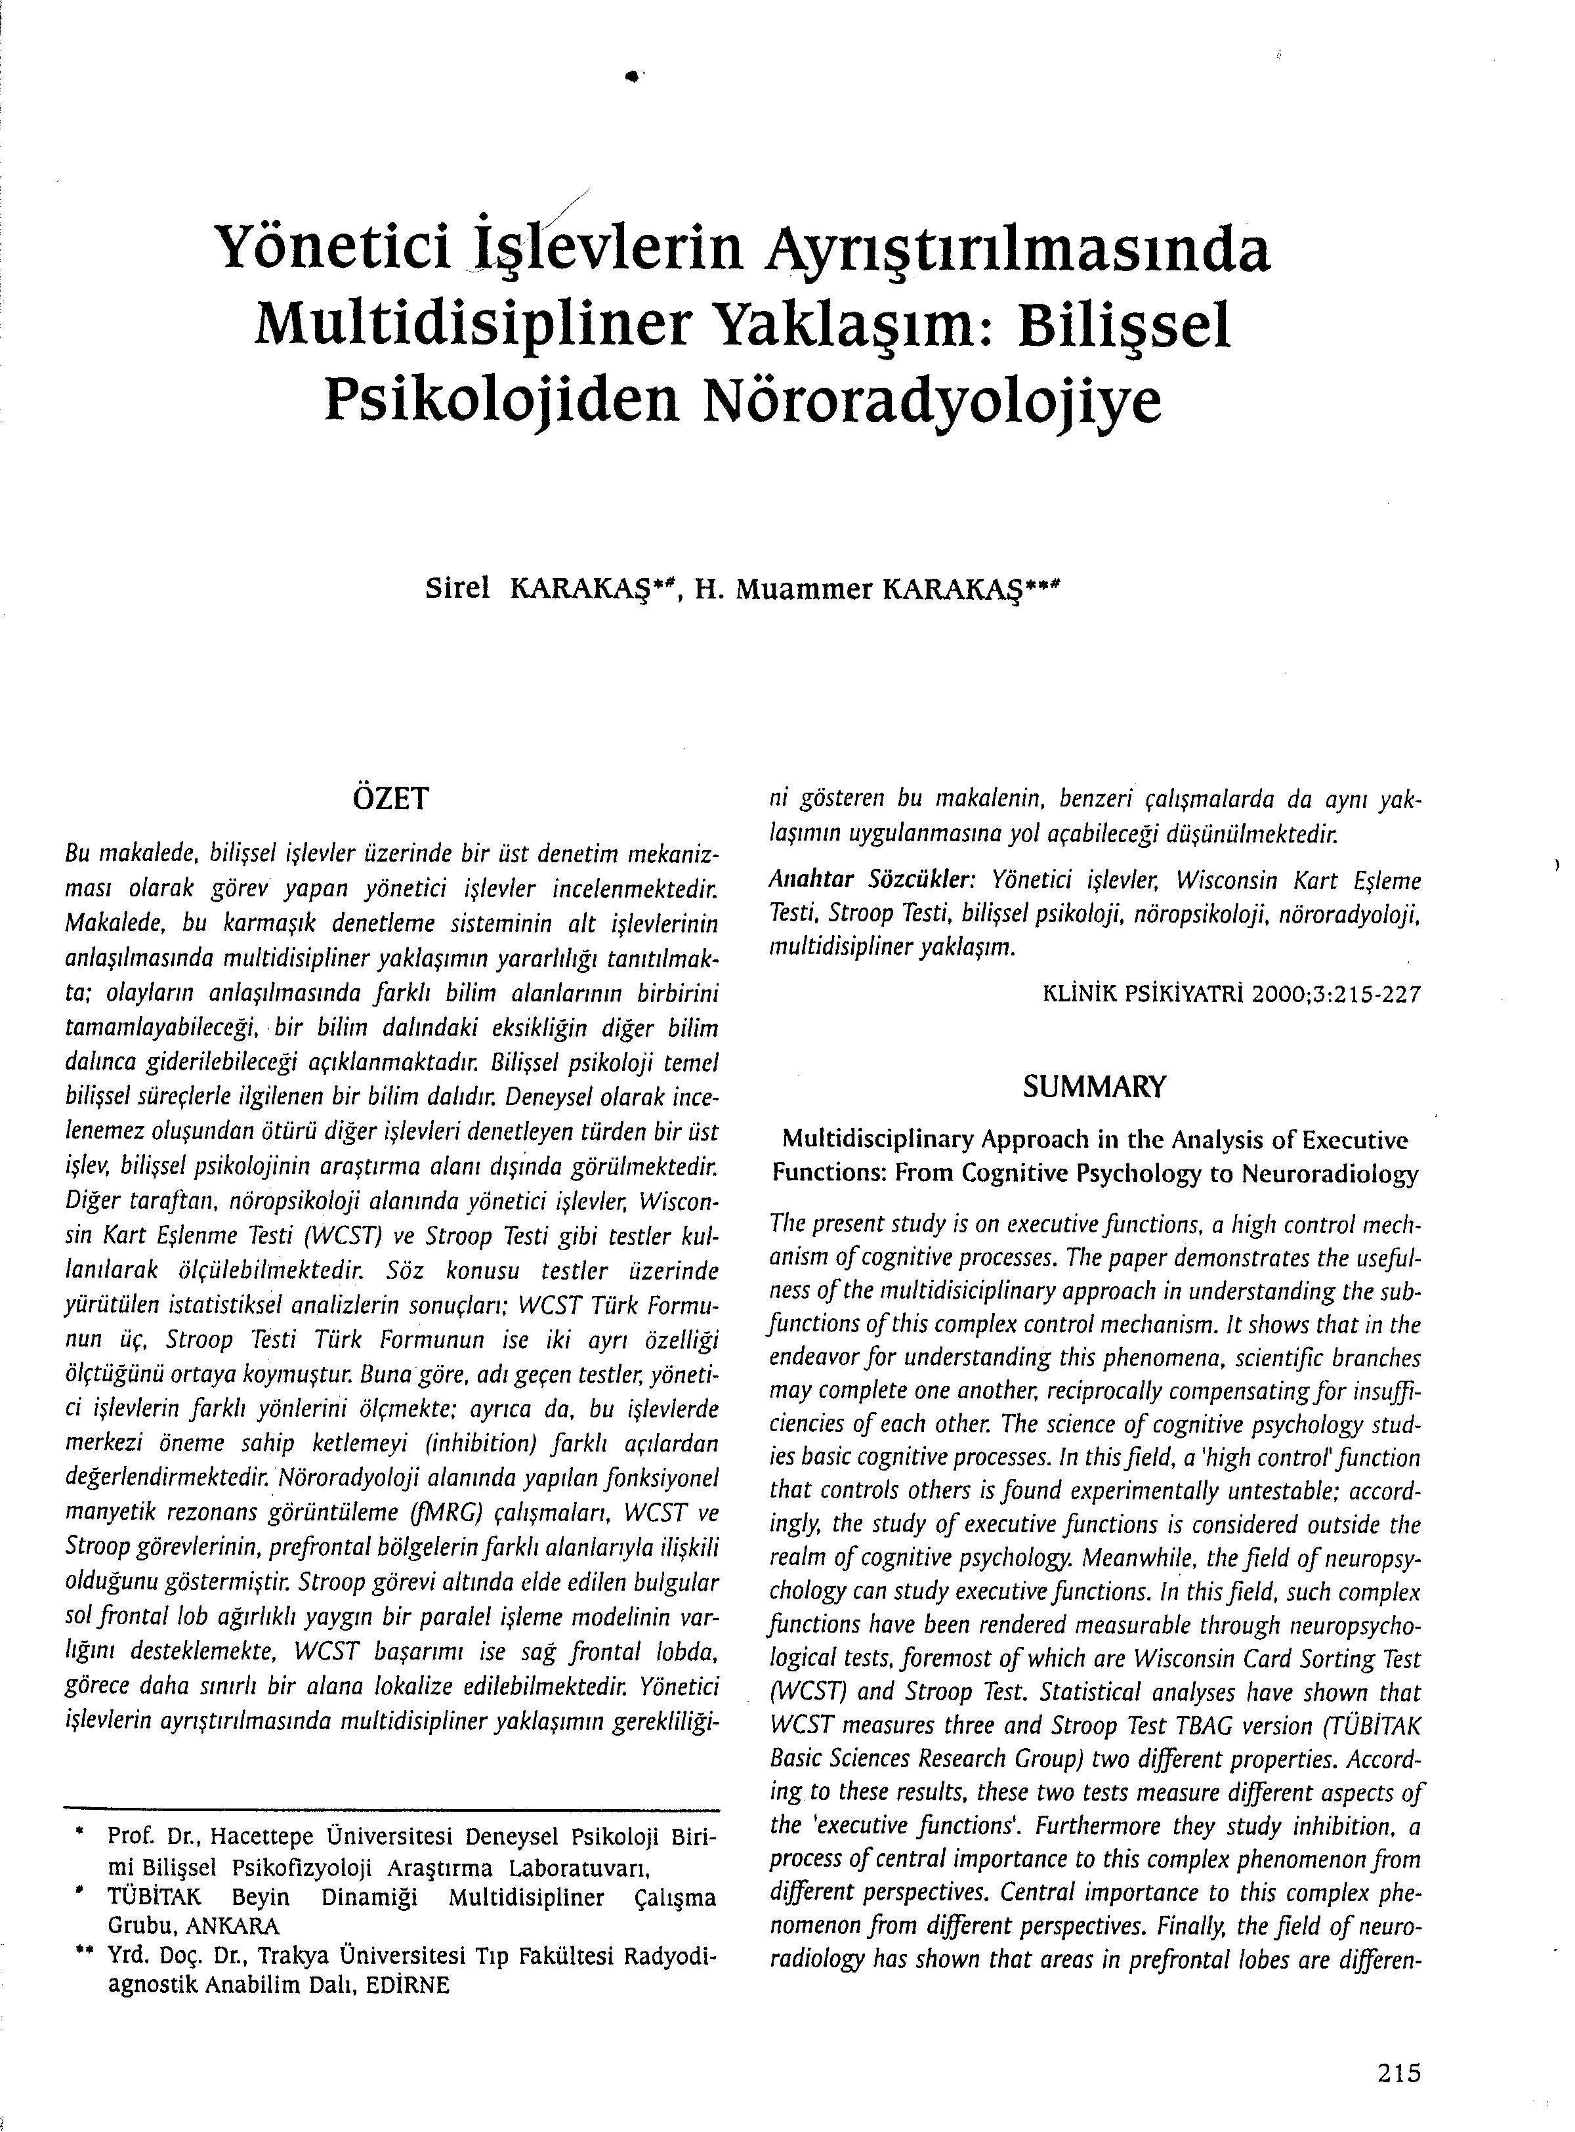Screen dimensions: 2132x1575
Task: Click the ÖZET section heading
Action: point(391,798)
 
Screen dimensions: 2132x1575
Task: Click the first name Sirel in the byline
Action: point(457,590)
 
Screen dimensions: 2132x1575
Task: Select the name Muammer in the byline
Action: point(804,591)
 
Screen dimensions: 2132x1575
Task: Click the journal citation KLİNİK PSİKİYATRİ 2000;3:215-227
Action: point(1232,995)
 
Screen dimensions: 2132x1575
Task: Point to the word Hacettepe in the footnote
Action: point(265,1835)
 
